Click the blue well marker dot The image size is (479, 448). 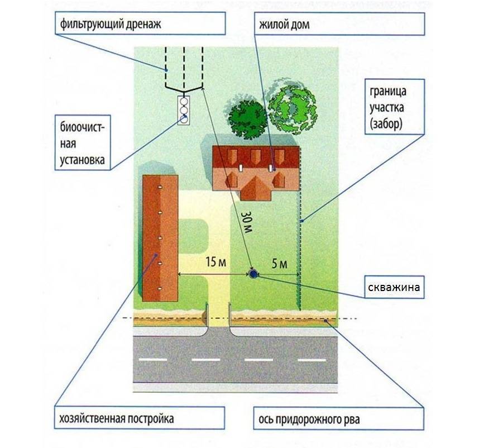[x=252, y=274]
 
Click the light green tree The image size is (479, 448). [x=291, y=104]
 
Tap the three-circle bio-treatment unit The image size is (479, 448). [x=183, y=110]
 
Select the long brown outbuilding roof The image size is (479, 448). [x=160, y=237]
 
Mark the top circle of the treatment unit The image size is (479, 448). [x=183, y=102]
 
